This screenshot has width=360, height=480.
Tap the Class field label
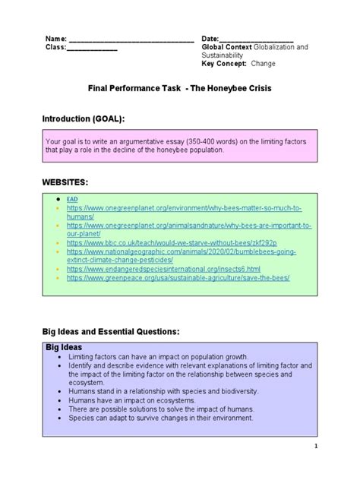(58, 47)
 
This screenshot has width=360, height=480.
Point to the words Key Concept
(225, 64)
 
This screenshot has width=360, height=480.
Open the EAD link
(73, 198)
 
